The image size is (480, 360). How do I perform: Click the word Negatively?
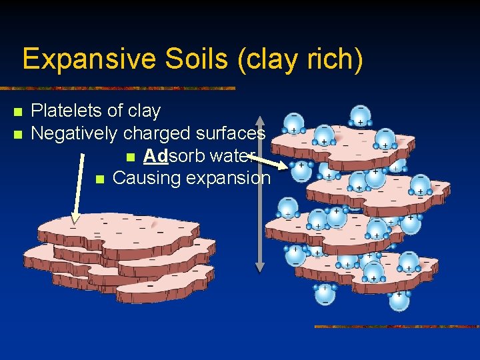(x=75, y=133)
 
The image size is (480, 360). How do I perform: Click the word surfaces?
(x=230, y=133)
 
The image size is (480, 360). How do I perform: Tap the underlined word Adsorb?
(x=166, y=156)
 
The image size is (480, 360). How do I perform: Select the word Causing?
(x=141, y=178)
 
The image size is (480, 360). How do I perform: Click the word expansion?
(x=229, y=178)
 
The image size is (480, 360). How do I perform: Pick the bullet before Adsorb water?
(x=131, y=157)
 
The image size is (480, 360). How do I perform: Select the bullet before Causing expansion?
(x=100, y=179)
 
